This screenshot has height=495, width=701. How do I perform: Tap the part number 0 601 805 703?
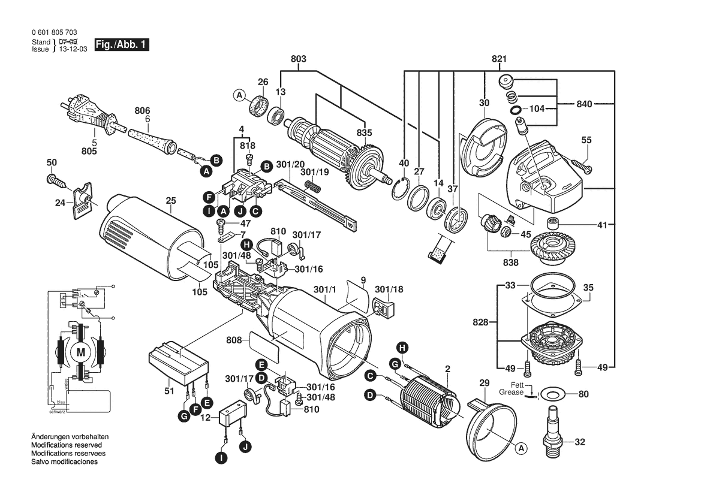point(54,32)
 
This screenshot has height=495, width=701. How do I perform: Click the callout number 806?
point(142,111)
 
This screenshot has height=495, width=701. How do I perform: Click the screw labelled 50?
point(56,179)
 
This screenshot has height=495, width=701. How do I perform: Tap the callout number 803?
point(298,59)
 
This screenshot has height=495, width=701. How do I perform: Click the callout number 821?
point(499,59)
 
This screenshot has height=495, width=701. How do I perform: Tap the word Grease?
point(511,393)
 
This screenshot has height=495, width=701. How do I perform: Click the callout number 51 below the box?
point(170,391)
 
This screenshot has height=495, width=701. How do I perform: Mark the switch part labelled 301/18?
point(382,308)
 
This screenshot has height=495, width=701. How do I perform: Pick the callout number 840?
point(585,104)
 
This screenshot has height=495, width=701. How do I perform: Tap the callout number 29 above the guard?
point(484,383)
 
